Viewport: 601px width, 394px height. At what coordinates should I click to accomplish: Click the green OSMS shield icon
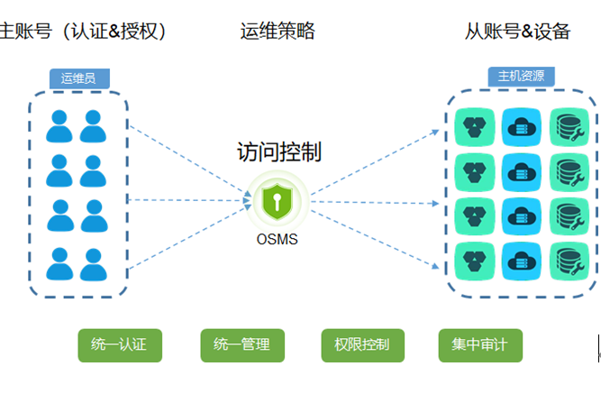[x=277, y=200]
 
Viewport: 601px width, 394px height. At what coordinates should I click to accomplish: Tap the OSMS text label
[x=277, y=240]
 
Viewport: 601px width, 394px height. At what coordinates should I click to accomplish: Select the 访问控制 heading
[x=278, y=151]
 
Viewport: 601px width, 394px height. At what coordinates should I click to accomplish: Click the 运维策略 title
[x=278, y=32]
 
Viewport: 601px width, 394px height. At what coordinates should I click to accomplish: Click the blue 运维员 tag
[x=78, y=78]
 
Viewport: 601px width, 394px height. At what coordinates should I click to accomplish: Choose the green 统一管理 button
[x=241, y=344]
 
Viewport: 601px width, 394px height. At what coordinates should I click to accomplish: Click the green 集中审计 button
[x=480, y=344]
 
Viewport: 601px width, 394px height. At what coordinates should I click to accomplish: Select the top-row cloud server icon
[x=519, y=125]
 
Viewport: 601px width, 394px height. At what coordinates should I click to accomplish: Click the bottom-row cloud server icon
[x=519, y=260]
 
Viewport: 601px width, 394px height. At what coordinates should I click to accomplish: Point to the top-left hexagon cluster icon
[x=472, y=125]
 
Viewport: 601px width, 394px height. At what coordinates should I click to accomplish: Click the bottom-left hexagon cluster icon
[x=472, y=260]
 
